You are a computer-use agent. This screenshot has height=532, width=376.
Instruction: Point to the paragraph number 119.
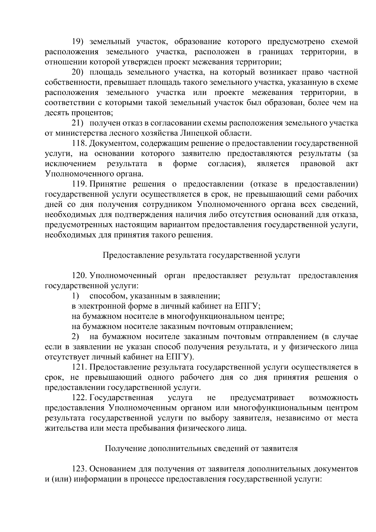pyautogui.click(x=79, y=185)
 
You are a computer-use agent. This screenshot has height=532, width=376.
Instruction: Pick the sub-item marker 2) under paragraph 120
pyautogui.click(x=75, y=337)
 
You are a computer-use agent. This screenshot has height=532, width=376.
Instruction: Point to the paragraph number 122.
pyautogui.click(x=79, y=398)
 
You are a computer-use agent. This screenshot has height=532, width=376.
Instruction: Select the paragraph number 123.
pyautogui.click(x=79, y=469)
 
